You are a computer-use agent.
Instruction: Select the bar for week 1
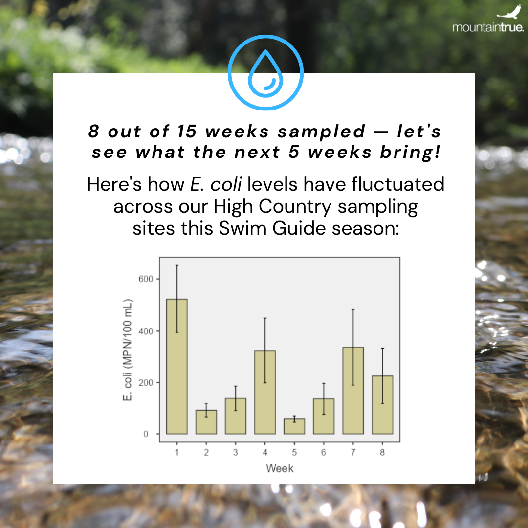177,366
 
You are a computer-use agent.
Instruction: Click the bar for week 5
294,426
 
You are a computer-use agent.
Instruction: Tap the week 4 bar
265,392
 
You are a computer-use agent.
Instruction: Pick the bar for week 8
382,405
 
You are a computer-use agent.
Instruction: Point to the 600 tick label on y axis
146,279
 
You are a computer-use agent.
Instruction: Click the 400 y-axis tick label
146,331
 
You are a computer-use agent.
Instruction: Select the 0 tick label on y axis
146,434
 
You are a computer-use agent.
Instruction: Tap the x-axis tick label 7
353,452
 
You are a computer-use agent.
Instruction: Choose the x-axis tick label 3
235,452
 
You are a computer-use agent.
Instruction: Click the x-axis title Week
280,468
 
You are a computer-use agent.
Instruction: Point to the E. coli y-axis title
128,350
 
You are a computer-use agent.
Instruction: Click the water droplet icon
265,73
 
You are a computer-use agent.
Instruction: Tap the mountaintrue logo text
488,27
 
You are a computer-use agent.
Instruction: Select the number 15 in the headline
187,132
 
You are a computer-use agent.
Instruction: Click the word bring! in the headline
410,152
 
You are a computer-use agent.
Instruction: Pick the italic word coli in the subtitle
226,184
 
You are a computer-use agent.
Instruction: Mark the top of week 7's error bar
353,309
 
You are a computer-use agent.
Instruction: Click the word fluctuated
397,184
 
